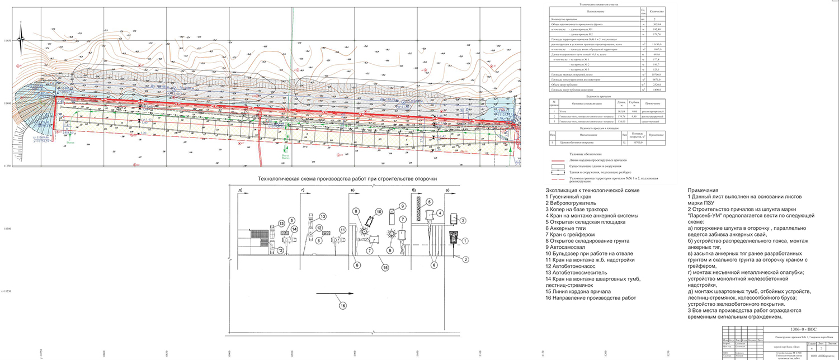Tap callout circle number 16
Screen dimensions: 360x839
pyautogui.click(x=342, y=304)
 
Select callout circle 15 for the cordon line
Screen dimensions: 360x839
pyautogui.click(x=384, y=268)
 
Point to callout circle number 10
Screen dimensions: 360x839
pyautogui.click(x=378, y=212)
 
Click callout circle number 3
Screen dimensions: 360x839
pyautogui.click(x=463, y=221)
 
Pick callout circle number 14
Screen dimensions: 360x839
pyautogui.click(x=295, y=229)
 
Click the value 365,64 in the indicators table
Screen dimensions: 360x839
pyautogui.click(x=656, y=25)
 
